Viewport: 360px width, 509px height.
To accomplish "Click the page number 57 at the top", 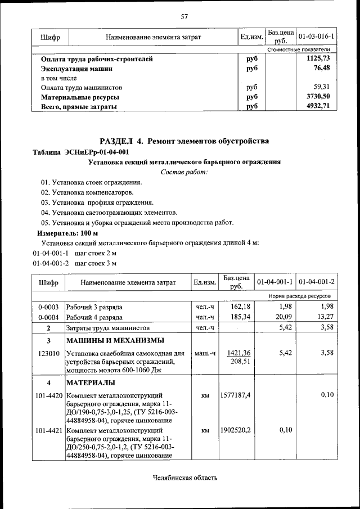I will tap(184, 16).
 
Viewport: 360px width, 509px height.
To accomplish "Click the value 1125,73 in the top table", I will tap(318, 58).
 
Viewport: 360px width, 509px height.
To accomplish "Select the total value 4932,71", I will tap(318, 106).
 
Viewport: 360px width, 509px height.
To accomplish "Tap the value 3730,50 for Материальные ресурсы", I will tap(318, 97).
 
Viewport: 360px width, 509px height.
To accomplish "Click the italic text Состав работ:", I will tap(184, 172).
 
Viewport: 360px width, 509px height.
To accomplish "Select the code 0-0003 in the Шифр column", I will tap(48, 307).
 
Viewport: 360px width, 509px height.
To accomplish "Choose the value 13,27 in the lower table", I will tap(325, 317).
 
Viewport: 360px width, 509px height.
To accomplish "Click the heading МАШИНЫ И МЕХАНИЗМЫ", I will tap(115, 341).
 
